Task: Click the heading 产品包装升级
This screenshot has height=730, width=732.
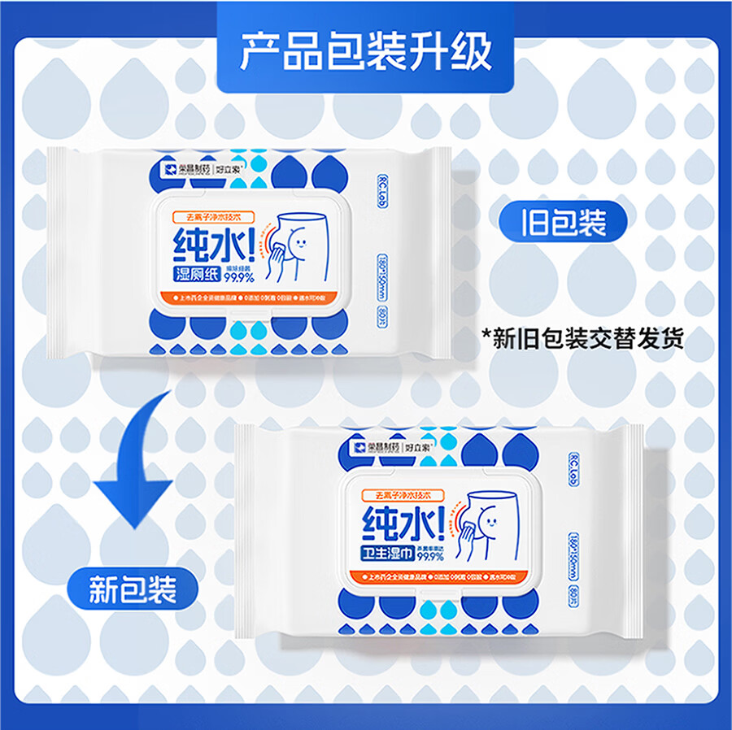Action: click(366, 51)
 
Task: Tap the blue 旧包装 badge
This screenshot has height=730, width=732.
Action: click(564, 222)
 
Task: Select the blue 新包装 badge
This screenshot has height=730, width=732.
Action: click(133, 590)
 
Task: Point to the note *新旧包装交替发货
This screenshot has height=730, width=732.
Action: click(583, 337)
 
